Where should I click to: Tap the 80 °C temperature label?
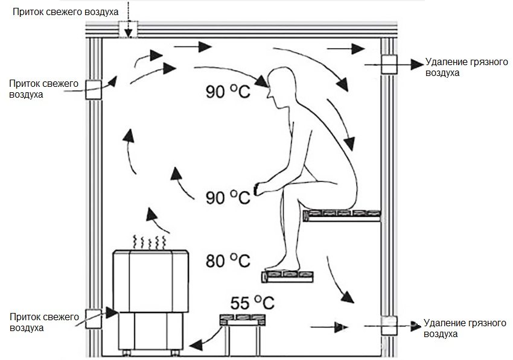228,261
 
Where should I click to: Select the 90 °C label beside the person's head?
228,92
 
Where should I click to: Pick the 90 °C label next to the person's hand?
228,197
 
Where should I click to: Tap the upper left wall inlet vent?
94,89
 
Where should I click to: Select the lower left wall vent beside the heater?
94,318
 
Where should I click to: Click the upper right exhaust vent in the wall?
388,64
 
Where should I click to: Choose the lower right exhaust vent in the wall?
388,325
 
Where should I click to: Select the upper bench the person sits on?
343,215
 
